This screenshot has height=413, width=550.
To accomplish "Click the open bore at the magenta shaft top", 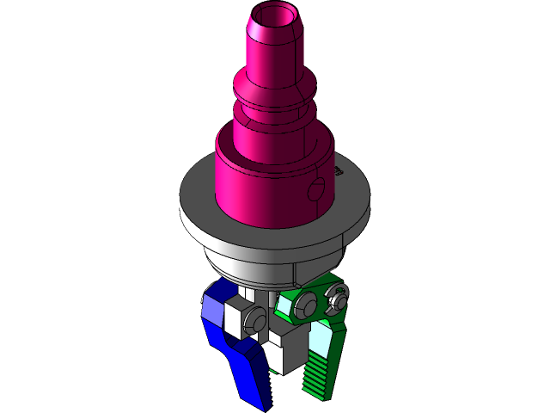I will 274,16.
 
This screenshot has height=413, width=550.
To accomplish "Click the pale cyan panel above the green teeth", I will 323,340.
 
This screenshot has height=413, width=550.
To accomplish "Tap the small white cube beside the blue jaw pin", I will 233,318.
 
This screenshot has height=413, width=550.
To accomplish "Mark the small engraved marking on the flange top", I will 339,171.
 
